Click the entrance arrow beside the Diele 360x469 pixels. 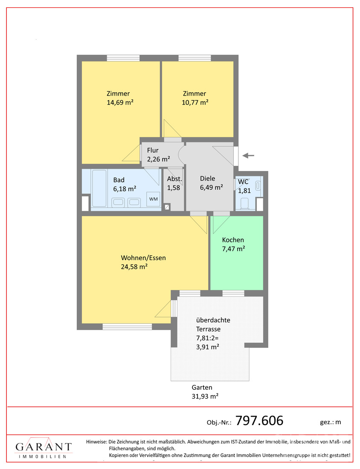248,156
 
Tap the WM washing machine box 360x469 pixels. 153,199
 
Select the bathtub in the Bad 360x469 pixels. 99,189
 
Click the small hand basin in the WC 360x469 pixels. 258,186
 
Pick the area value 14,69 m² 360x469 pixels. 121,102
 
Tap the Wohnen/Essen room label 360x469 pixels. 143,258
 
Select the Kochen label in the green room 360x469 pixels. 233,240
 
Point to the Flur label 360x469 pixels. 153,151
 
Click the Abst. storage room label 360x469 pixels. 174,179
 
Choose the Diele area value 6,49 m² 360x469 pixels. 211,187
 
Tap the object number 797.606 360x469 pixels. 259,421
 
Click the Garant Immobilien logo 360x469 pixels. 44,449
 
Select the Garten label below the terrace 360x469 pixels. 202,388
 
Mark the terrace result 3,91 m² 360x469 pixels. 207,347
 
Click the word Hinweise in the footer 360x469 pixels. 96,442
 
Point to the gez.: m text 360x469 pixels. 330,422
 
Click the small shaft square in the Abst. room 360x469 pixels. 167,207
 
